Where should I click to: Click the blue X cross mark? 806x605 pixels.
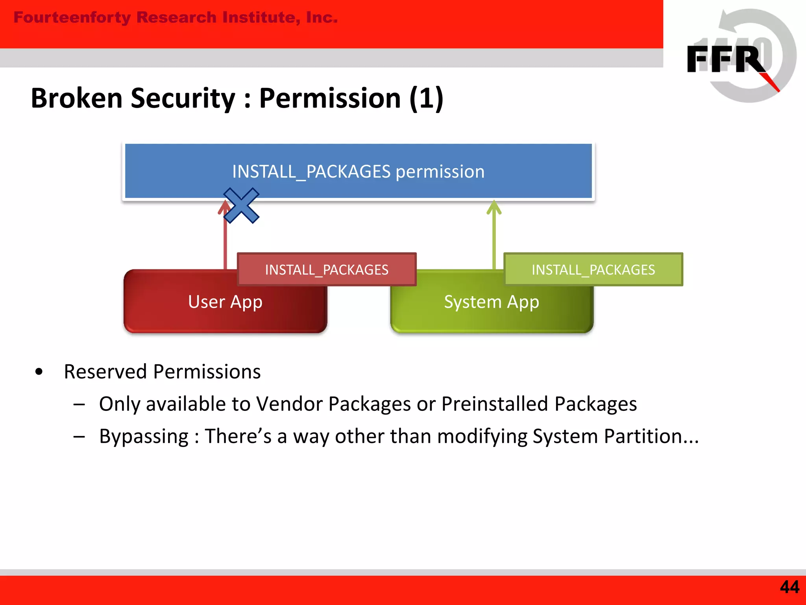pyautogui.click(x=241, y=206)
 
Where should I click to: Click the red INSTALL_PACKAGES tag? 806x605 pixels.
pyautogui.click(x=327, y=270)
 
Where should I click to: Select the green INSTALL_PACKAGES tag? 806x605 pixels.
pyautogui.click(x=593, y=270)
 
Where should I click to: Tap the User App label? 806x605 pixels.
pyautogui.click(x=225, y=302)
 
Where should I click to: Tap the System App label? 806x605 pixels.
pyautogui.click(x=492, y=302)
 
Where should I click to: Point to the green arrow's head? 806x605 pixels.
pyautogui.click(x=494, y=207)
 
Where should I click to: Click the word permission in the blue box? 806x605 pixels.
pyautogui.click(x=440, y=172)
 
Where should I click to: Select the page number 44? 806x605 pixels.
pyautogui.click(x=789, y=587)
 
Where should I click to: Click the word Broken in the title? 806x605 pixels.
pyautogui.click(x=77, y=98)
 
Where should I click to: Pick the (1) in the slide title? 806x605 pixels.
pyautogui.click(x=426, y=98)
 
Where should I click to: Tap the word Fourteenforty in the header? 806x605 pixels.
pyautogui.click(x=72, y=17)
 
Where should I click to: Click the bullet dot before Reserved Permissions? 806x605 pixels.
pyautogui.click(x=39, y=371)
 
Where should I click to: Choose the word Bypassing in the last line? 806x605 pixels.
pyautogui.click(x=144, y=436)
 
